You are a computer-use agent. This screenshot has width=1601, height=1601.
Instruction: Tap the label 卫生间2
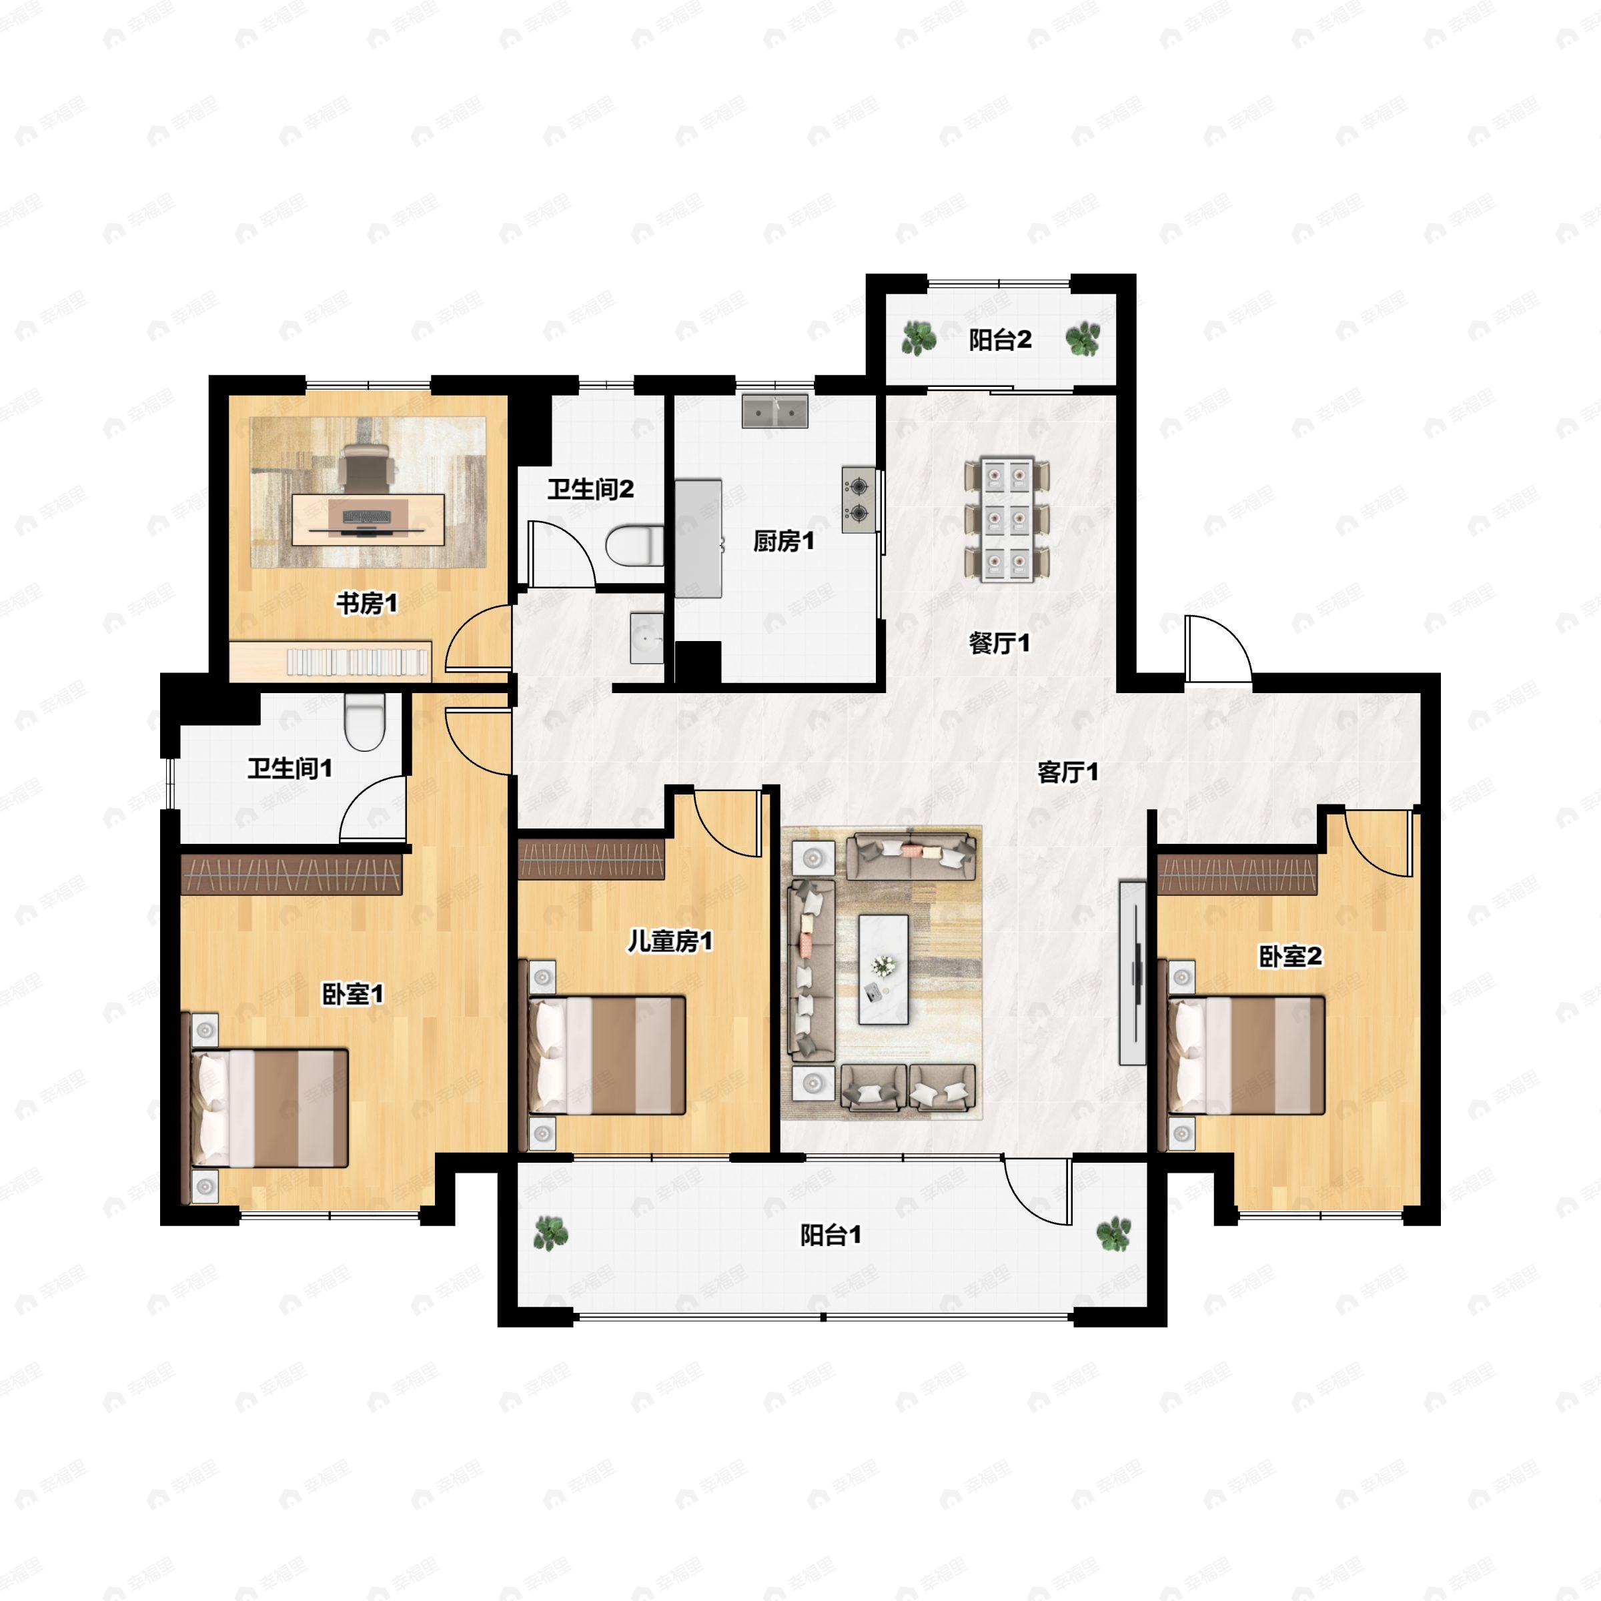coord(590,489)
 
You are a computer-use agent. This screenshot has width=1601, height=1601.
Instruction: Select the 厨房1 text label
coord(783,541)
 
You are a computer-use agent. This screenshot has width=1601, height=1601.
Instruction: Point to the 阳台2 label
coord(1000,339)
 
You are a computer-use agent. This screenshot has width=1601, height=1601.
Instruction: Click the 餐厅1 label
coord(999,642)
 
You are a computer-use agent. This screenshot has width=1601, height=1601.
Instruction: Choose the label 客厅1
coord(1068,772)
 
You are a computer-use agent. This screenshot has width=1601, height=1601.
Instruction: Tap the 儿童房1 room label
coord(670,941)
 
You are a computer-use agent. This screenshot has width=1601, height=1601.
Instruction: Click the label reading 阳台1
coord(831,1235)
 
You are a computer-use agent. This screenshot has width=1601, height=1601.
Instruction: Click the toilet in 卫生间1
coord(365,721)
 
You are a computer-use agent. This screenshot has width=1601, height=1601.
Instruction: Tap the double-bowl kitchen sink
coord(774,411)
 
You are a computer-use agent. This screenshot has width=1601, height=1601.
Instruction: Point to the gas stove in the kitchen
coord(859,499)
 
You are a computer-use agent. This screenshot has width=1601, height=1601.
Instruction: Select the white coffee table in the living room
coord(883,969)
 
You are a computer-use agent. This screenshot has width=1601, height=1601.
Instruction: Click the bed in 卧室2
coord(1246,1055)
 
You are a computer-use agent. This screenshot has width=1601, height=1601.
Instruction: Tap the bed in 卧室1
coord(270,1108)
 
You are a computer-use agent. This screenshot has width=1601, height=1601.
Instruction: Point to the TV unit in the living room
coord(1133,973)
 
